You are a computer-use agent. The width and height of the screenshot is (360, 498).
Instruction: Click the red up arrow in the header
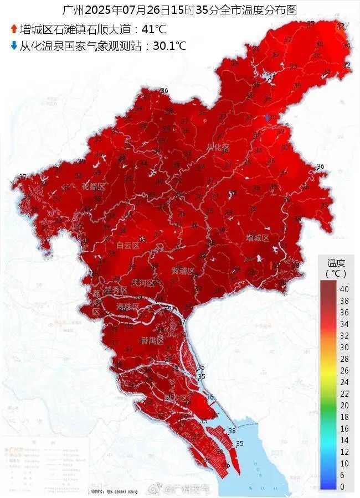[14, 29]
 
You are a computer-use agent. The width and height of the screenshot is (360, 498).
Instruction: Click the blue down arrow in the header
[14, 45]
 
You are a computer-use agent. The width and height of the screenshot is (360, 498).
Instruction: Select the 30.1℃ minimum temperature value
[169, 45]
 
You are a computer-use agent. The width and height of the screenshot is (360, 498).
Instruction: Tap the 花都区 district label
[94, 186]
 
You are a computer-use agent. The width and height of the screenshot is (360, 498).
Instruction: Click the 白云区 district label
[128, 245]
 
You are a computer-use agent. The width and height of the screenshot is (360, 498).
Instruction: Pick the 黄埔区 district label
[183, 271]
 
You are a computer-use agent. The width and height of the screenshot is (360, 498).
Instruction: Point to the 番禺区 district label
[151, 339]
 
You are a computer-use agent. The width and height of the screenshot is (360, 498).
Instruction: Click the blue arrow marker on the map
[268, 117]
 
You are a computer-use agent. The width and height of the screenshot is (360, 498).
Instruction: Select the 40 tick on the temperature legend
[344, 288]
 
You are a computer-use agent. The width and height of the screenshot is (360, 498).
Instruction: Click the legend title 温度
[336, 263]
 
